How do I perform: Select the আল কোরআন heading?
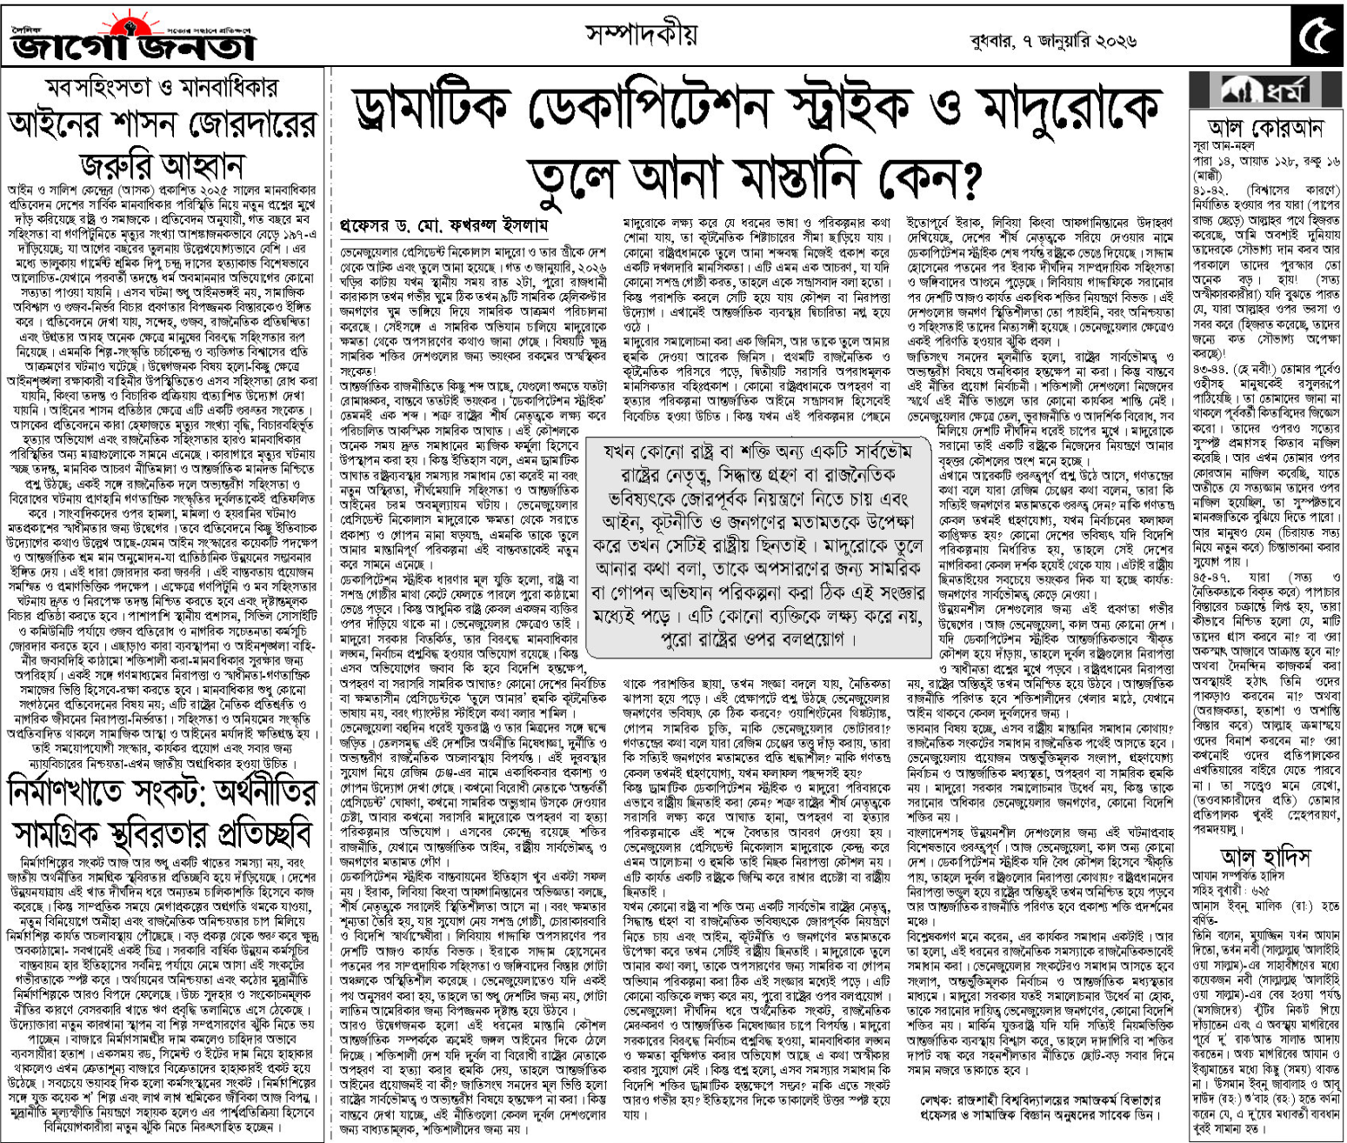point(1265,129)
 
